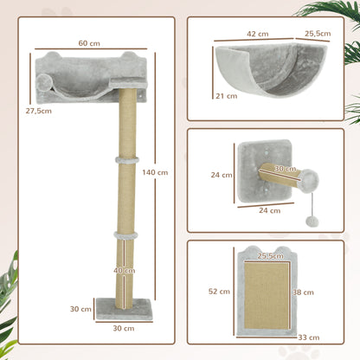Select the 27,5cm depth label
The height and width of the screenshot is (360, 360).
pos(37,112)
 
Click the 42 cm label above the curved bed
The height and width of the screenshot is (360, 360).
pos(256,34)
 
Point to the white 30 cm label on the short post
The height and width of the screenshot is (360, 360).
pos(286,168)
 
